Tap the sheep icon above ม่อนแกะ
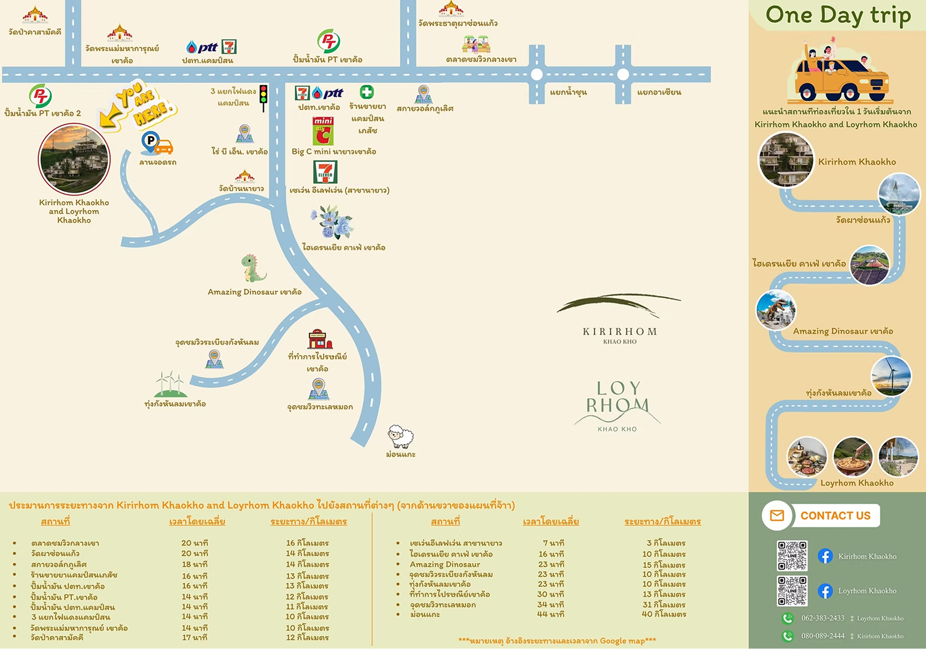coord(401,436)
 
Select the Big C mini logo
coord(323,131)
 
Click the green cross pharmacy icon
coord(367,92)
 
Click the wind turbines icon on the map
coord(170,384)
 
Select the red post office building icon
coord(319,339)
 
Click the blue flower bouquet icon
coord(332,222)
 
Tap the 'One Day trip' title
coord(838,15)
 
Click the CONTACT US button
coord(835,516)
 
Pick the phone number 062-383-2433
coord(823,618)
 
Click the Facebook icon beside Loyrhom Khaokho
coord(825,591)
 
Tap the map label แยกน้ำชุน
coord(568,92)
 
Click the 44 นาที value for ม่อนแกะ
coord(550,614)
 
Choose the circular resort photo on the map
coord(74,159)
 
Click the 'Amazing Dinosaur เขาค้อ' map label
coord(255,292)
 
